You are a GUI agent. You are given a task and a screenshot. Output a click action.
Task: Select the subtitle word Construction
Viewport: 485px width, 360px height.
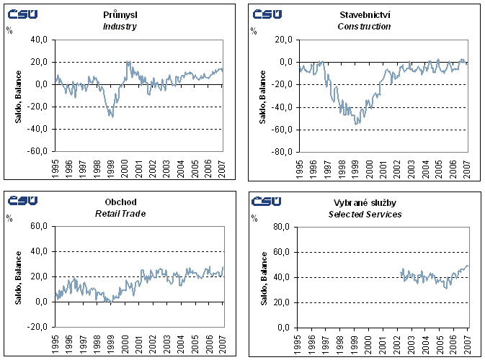coord(364,27)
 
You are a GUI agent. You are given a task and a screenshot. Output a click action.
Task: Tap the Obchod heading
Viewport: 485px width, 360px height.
coord(120,202)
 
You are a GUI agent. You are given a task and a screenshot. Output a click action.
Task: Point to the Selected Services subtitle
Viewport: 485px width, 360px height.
coord(364,215)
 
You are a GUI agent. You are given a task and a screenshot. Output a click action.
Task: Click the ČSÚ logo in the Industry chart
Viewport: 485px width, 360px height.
coord(22,14)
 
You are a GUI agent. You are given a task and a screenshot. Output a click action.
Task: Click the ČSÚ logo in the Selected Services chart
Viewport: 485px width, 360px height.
coord(267,202)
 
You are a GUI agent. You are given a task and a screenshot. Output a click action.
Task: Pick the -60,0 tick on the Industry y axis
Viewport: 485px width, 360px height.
coord(37,152)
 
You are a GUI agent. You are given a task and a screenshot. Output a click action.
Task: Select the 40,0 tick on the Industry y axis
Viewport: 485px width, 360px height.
coord(39,40)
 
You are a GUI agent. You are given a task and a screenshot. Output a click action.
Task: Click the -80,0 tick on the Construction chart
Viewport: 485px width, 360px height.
coord(282,152)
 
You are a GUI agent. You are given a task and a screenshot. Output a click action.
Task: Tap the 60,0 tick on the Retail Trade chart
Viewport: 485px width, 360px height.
coord(39,227)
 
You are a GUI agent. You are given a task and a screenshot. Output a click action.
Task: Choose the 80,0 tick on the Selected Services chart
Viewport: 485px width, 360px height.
coord(283,228)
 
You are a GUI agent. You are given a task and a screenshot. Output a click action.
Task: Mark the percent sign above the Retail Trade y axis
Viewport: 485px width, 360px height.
coord(9,218)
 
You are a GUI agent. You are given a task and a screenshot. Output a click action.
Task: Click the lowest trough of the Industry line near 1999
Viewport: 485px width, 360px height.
coord(111,116)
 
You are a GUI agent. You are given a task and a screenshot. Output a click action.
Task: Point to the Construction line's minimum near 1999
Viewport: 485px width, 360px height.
coord(355,124)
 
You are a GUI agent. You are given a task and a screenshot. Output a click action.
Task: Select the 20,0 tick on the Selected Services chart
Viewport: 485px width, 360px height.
coord(283,302)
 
